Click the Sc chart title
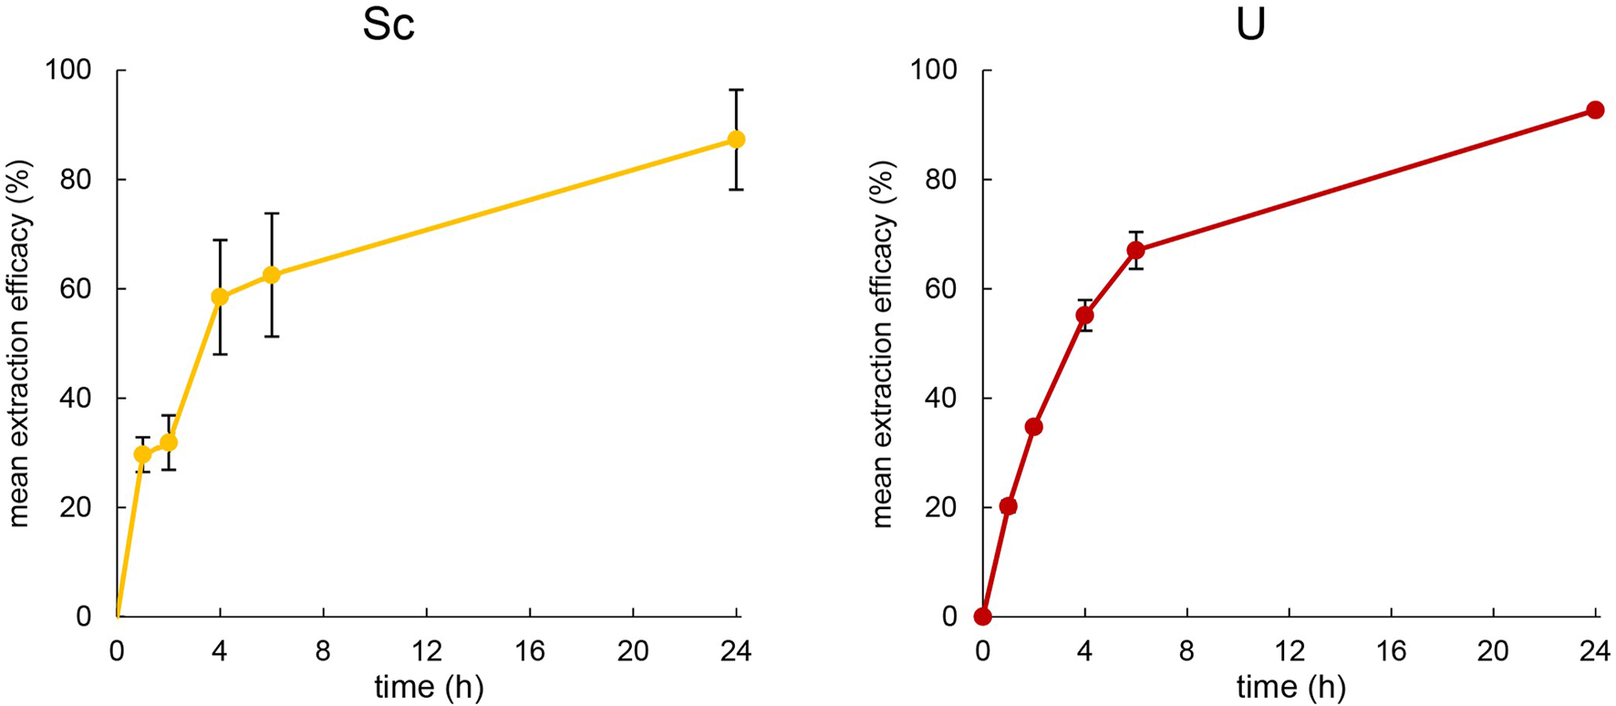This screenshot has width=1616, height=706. point(388,25)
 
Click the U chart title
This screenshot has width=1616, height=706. point(1250,25)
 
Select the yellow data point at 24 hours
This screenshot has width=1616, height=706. point(736,140)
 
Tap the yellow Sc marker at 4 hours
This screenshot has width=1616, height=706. point(220,296)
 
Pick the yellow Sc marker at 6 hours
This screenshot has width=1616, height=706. point(271,275)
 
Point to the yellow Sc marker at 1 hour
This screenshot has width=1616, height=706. point(142,454)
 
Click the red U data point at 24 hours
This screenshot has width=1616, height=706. point(1595,110)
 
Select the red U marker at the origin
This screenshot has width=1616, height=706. point(982,617)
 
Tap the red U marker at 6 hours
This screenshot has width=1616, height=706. point(1135,250)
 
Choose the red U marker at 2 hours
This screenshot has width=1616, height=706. point(1033,427)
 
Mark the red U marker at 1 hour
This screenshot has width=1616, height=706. point(1008,506)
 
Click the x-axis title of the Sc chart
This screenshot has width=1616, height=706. point(429,687)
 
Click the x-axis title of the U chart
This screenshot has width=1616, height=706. point(1290,687)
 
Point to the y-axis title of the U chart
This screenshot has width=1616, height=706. point(882,344)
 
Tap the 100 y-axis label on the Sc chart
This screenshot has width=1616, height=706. point(68,70)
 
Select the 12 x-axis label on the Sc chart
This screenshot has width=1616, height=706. point(427,651)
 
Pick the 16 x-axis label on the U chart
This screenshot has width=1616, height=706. point(1392,651)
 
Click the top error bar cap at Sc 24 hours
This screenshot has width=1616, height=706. point(736,89)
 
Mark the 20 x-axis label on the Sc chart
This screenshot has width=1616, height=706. point(633,651)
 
